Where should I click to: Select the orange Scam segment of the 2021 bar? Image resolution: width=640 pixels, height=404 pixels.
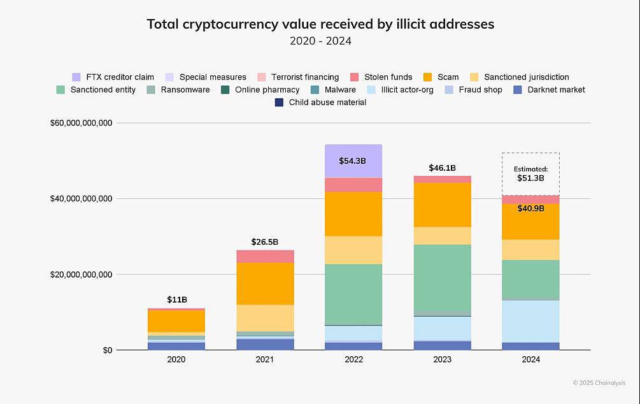click(x=265, y=284)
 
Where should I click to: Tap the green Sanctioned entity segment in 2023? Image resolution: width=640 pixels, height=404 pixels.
click(x=442, y=278)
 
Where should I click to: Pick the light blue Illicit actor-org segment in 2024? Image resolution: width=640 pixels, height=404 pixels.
click(x=530, y=321)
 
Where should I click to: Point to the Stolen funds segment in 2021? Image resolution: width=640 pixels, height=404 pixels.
click(x=265, y=256)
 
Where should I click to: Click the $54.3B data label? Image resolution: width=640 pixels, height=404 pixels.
click(x=352, y=161)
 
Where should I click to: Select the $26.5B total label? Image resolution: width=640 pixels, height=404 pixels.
click(x=265, y=242)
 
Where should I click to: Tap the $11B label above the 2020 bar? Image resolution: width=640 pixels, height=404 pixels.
click(x=177, y=299)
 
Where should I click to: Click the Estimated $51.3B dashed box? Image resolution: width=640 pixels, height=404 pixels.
click(x=530, y=174)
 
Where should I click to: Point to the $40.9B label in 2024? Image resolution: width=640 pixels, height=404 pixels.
click(x=530, y=208)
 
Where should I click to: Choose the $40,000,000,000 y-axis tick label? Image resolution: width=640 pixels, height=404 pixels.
click(x=81, y=199)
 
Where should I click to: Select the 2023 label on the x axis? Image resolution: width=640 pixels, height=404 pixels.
click(x=442, y=360)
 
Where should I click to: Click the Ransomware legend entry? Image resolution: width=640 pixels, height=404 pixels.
click(x=185, y=90)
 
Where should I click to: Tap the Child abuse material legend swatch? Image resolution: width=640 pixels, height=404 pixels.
click(x=279, y=103)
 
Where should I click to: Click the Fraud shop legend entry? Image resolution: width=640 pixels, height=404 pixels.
click(x=480, y=90)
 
